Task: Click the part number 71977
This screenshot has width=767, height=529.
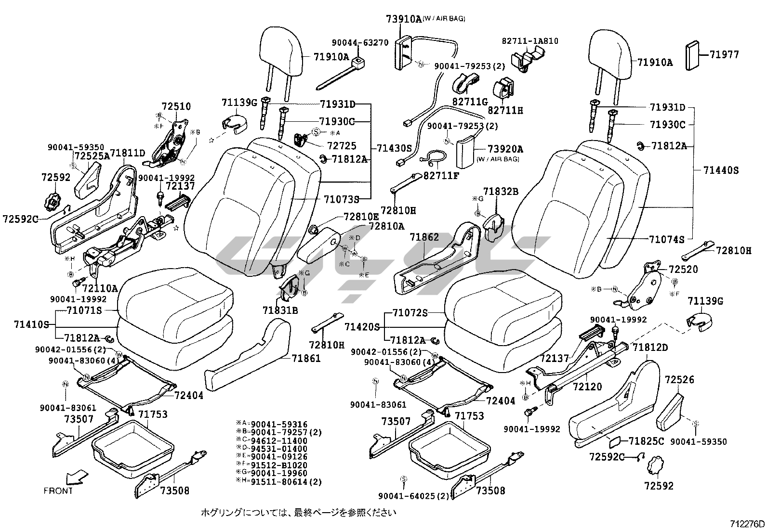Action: (x=724, y=55)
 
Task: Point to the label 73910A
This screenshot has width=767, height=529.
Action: (x=403, y=19)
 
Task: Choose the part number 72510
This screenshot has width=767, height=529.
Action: (x=176, y=106)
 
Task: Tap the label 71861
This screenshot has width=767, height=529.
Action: (x=306, y=359)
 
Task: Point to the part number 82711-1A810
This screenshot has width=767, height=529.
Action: (x=530, y=41)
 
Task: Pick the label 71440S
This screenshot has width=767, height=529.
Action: (x=721, y=170)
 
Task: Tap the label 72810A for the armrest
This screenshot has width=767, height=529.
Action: (x=386, y=226)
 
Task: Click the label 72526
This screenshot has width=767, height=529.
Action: (x=679, y=380)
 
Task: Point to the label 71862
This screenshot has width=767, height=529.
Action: (x=424, y=237)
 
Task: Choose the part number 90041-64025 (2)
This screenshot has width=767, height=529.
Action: (x=413, y=496)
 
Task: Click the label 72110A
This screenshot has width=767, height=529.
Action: (x=100, y=288)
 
